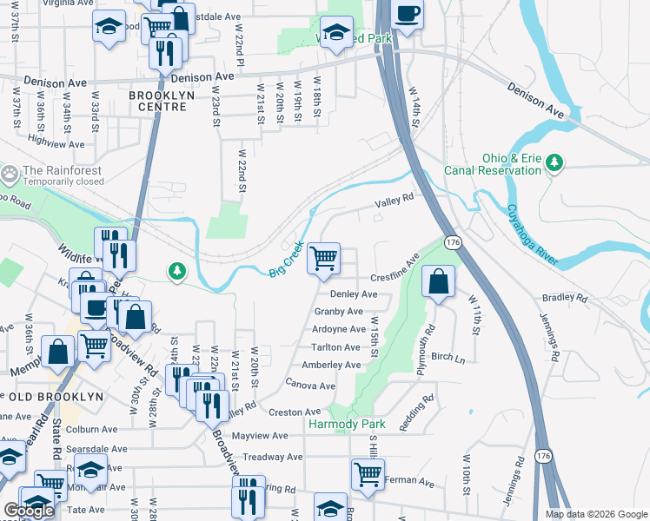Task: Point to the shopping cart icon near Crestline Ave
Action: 324,258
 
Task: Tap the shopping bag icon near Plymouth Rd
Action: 439,282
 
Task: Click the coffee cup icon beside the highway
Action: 407,14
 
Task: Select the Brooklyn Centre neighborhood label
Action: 157,101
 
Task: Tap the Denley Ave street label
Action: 353,294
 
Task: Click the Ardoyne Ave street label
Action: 339,329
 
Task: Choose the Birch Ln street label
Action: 448,357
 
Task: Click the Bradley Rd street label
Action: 564,297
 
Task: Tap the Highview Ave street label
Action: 56,144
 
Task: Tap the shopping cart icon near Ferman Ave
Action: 368,474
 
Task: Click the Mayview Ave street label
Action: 260,436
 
